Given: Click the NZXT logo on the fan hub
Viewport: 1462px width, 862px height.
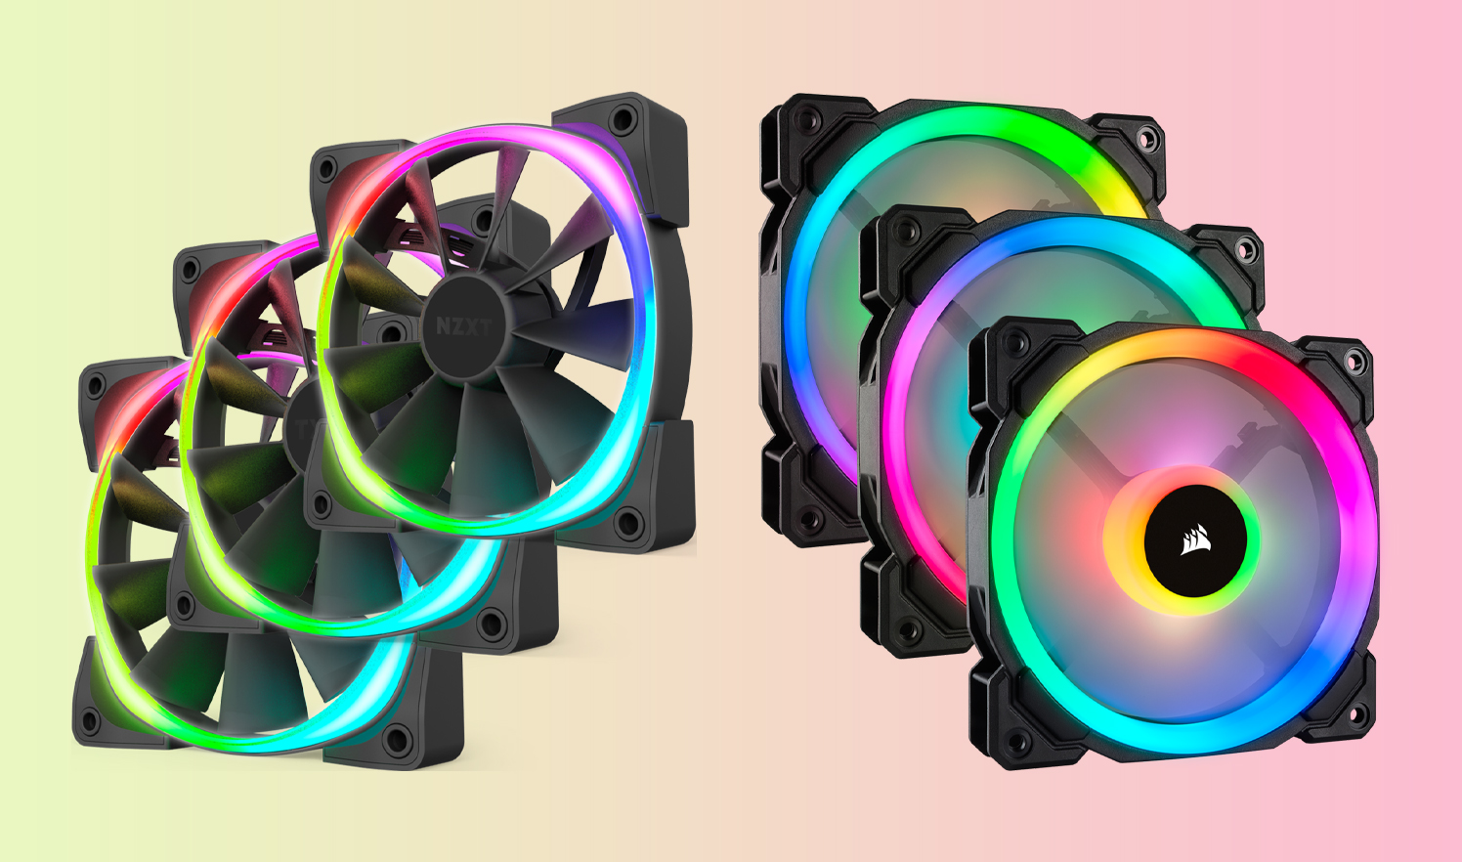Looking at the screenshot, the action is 463,326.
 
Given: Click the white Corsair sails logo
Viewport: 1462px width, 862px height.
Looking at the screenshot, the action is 1195,539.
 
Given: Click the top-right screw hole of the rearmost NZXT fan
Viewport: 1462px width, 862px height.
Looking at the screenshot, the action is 623,119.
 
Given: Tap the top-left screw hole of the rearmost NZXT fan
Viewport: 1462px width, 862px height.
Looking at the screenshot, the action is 326,169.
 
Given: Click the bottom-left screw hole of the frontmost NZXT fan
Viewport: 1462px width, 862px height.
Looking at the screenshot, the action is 90,720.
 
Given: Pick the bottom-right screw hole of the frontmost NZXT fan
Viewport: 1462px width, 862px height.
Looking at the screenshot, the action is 396,740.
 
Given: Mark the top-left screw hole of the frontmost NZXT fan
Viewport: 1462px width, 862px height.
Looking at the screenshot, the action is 96,385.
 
